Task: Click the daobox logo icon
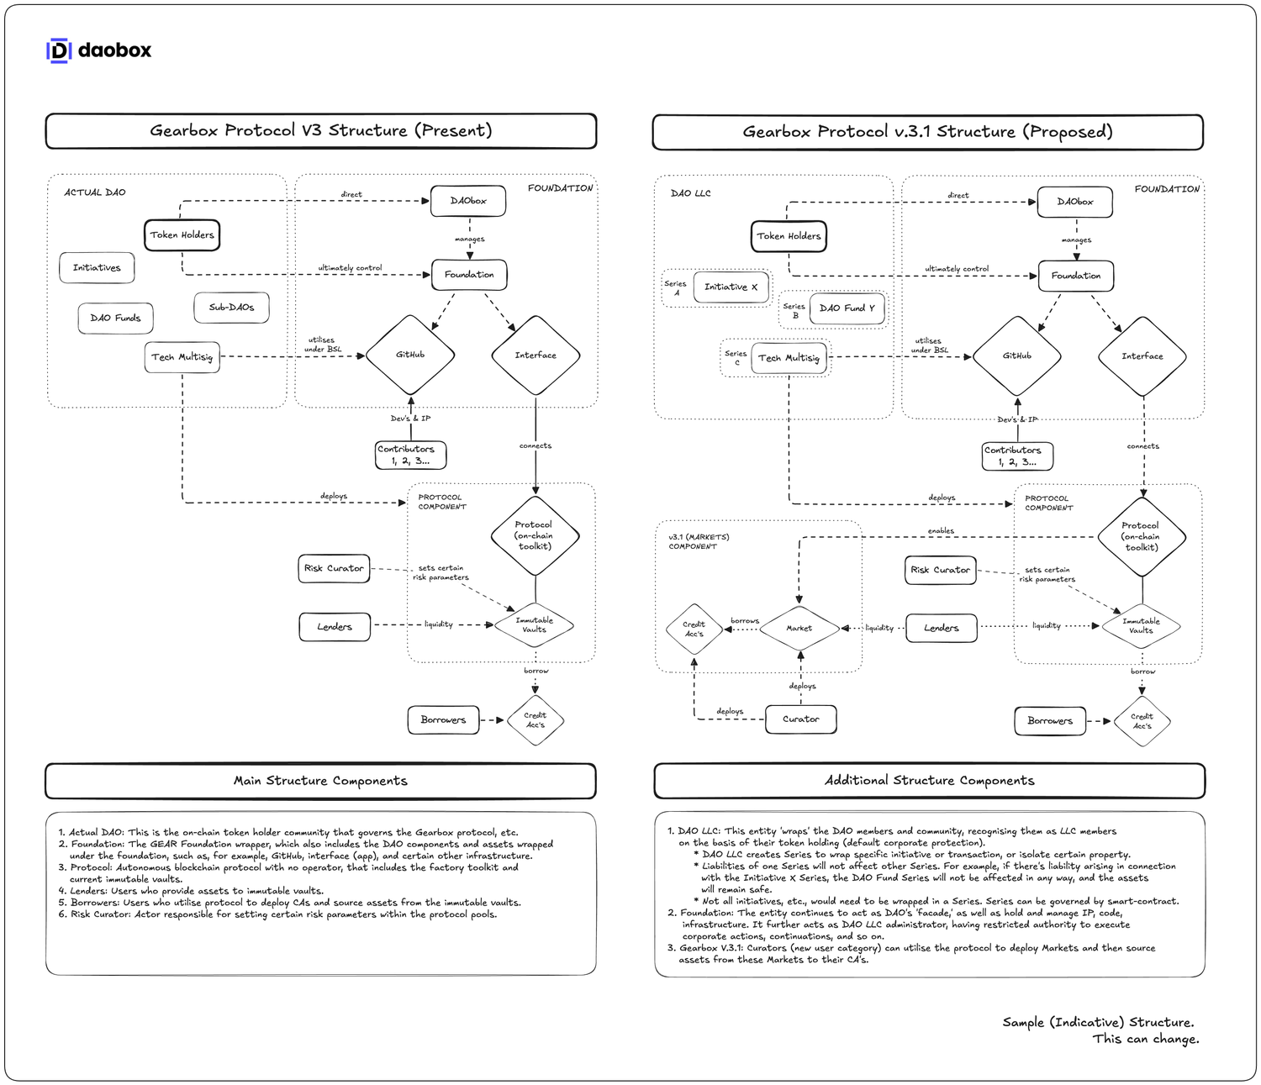(58, 50)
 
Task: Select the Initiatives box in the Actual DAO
(97, 267)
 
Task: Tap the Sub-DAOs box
(231, 308)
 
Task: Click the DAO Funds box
(115, 318)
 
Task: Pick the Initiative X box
(731, 287)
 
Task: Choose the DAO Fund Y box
(847, 308)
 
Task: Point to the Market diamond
(799, 628)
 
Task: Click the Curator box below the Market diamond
(800, 719)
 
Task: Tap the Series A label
(676, 287)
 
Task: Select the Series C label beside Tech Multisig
(736, 357)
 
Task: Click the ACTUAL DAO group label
(95, 192)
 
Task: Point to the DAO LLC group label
(691, 193)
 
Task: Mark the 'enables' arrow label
(941, 530)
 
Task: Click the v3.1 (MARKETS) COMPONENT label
(699, 541)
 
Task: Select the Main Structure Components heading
(320, 781)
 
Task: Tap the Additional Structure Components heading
(929, 781)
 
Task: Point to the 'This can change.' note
(1145, 1040)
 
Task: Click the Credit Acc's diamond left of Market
(694, 629)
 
